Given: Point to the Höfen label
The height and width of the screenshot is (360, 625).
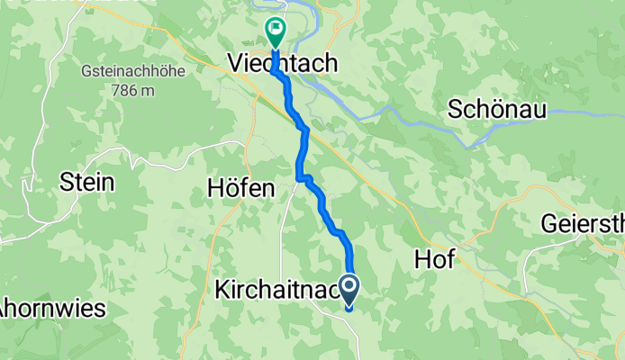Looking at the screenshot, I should pos(240,189).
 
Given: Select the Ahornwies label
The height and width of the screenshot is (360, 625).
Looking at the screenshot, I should pos(52,308).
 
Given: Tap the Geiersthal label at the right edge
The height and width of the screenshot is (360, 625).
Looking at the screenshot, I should pos(584,222).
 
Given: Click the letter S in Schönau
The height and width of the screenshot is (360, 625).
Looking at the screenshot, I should pos(456,109).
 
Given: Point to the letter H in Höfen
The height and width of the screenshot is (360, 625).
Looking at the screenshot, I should pos(214,189).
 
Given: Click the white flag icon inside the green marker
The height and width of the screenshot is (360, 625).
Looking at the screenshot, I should pos(274,31).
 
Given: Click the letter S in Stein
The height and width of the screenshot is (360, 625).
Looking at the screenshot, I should pos(66,182).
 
